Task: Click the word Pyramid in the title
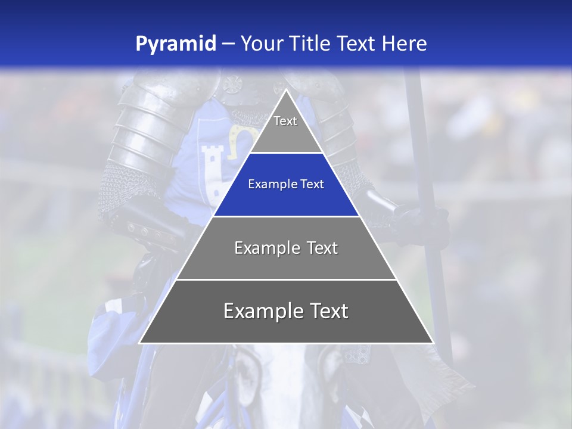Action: tap(175, 44)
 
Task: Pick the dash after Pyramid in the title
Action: tap(228, 44)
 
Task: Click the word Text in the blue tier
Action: tap(313, 185)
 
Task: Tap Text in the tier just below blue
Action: tap(322, 248)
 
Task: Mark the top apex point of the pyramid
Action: tap(286, 90)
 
